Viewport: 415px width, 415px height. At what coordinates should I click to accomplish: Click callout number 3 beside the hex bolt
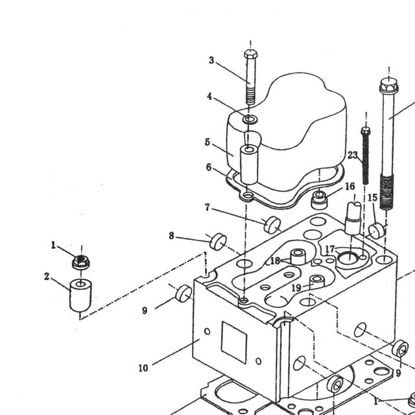pyautogui.click(x=211, y=60)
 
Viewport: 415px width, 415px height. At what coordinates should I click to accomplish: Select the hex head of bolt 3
pyautogui.click(x=250, y=54)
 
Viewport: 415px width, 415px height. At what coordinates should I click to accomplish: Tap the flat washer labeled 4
pyautogui.click(x=250, y=119)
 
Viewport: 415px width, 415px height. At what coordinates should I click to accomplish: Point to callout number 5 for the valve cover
pyautogui.click(x=207, y=143)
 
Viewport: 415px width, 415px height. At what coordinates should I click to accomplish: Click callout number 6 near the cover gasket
pyautogui.click(x=209, y=167)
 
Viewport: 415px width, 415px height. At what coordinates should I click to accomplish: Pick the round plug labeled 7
pyautogui.click(x=272, y=225)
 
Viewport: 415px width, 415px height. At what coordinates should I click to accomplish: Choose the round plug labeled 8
pyautogui.click(x=218, y=242)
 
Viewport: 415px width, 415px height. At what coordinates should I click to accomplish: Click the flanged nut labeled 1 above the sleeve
pyautogui.click(x=80, y=262)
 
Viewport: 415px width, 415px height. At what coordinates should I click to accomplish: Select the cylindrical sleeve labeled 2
pyautogui.click(x=80, y=295)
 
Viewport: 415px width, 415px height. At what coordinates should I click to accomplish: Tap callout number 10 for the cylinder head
pyautogui.click(x=143, y=368)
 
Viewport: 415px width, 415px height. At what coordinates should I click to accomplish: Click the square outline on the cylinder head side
pyautogui.click(x=234, y=342)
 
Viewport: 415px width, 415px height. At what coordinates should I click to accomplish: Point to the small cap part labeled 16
pyautogui.click(x=320, y=200)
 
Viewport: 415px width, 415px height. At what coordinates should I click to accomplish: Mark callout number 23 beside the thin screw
pyautogui.click(x=353, y=155)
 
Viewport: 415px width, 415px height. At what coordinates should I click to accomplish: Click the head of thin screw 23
pyautogui.click(x=366, y=130)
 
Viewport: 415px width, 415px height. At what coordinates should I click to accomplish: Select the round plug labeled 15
pyautogui.click(x=377, y=231)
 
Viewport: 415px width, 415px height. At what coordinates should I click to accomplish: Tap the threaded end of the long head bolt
pyautogui.click(x=386, y=191)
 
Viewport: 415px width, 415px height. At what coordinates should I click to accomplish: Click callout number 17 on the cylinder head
pyautogui.click(x=330, y=249)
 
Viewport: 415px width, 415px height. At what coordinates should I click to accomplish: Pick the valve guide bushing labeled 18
pyautogui.click(x=298, y=257)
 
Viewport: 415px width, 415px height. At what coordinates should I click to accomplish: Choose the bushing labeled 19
pyautogui.click(x=317, y=281)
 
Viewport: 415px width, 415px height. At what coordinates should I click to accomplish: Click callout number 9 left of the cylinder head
pyautogui.click(x=145, y=311)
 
